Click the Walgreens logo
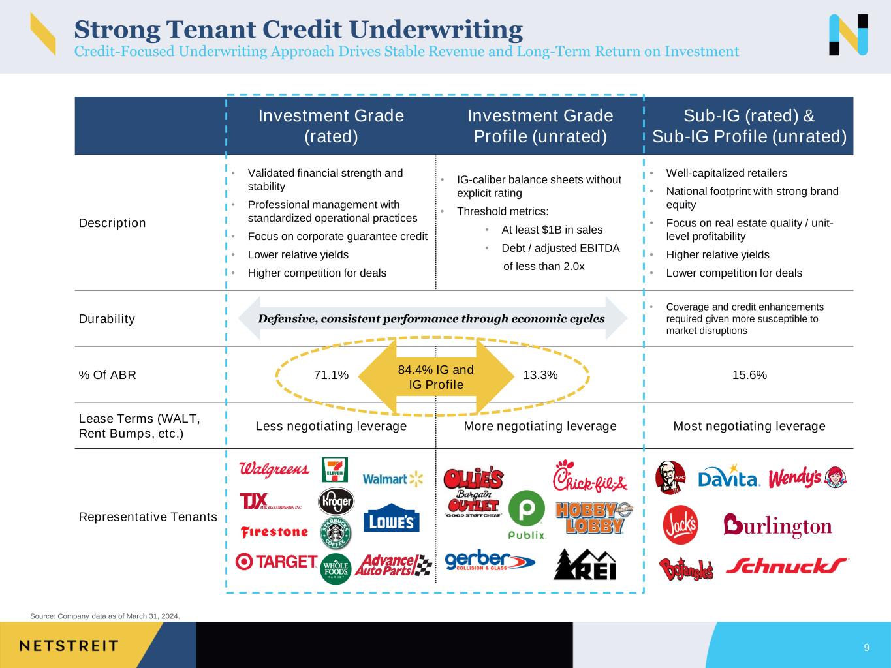point(274,469)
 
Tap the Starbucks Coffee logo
point(336,532)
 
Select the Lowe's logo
point(391,518)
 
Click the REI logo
point(585,564)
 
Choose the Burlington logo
point(777,526)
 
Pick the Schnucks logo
point(787,566)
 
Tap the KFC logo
point(670,478)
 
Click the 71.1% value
point(331,374)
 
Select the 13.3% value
point(540,374)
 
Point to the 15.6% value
point(749,374)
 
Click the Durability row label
point(107,319)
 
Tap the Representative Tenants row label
point(148,517)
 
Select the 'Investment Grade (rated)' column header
point(331,126)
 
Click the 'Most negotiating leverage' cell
point(749,426)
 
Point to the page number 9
point(867,647)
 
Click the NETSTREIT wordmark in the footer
point(69,646)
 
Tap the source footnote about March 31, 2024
point(104,616)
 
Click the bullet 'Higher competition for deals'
point(317,273)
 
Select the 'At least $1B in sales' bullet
point(552,230)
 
